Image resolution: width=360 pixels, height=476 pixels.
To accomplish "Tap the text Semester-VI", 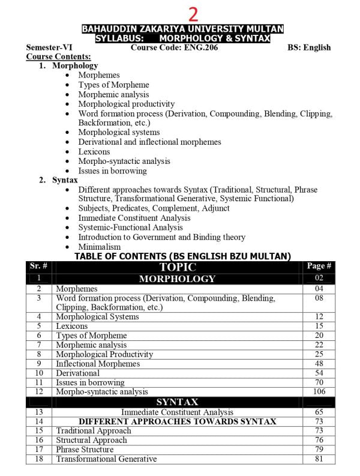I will coord(48,47).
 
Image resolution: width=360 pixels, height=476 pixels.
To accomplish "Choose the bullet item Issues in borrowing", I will coord(112,170).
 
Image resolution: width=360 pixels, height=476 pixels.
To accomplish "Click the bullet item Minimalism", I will coord(99,247).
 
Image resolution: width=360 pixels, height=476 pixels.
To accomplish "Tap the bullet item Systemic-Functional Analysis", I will coord(130,227).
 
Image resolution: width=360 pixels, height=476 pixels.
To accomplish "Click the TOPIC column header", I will coord(177,267).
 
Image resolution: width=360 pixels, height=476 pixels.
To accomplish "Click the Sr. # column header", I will coord(38,266).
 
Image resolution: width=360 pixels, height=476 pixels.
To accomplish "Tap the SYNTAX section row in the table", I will coord(177,402).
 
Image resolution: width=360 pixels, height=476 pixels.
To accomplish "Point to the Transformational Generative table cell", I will coord(106,459).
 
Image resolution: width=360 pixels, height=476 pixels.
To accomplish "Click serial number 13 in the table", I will coord(38,412).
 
